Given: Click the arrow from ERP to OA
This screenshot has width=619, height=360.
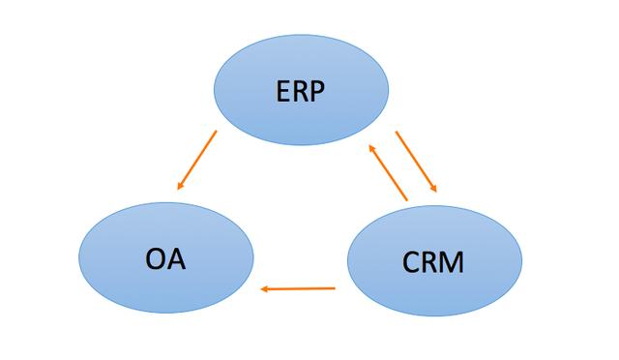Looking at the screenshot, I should click(x=196, y=160).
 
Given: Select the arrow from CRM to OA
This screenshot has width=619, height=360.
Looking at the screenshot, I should click(x=298, y=288).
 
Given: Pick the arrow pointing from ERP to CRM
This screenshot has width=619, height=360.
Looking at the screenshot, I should click(x=417, y=163).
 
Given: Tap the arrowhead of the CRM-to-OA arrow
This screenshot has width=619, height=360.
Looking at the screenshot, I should click(x=264, y=288).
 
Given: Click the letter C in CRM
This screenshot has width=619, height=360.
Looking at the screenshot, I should click(x=409, y=261).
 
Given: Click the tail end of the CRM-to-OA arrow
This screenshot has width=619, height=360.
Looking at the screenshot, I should click(x=334, y=287).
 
